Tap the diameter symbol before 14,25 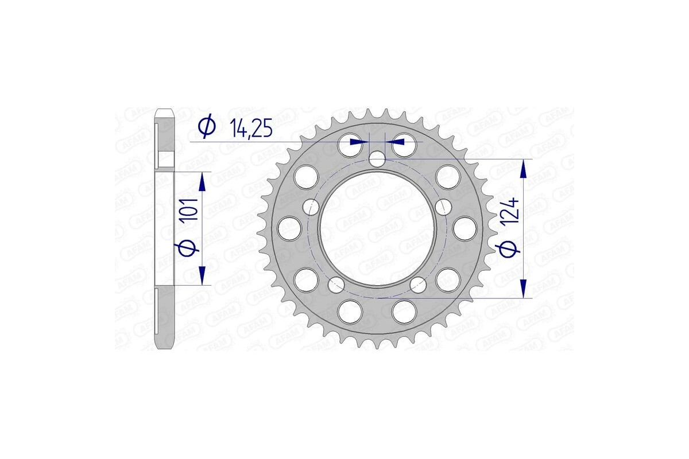click(x=207, y=127)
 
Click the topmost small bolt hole click(x=376, y=159)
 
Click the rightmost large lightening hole click(x=465, y=229)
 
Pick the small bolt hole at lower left click(x=335, y=284)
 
